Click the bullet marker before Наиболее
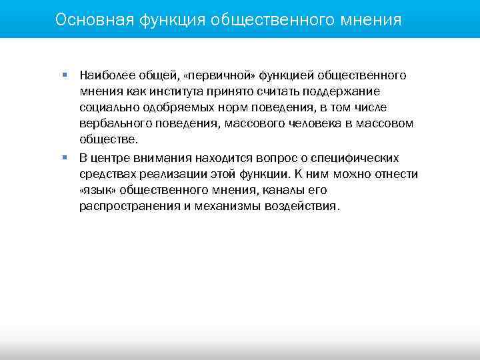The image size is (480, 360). (x=65, y=75)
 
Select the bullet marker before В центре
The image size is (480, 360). (x=65, y=158)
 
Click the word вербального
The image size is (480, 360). (x=113, y=123)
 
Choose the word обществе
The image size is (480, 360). (x=108, y=139)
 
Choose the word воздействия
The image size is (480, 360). (x=303, y=206)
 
